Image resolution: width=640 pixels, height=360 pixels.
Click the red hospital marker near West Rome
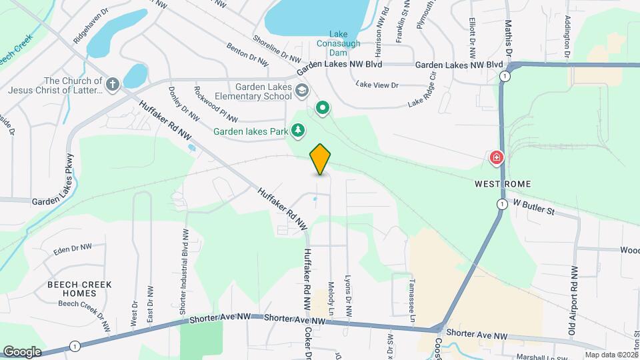click(x=496, y=158)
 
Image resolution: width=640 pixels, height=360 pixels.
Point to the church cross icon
click(x=113, y=85)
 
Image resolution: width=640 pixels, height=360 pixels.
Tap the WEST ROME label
click(x=502, y=184)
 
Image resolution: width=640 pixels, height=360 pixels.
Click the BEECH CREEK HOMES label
click(x=89, y=289)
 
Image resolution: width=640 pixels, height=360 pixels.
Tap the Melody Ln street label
click(x=331, y=296)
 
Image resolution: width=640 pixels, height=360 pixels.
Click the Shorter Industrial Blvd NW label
click(x=183, y=272)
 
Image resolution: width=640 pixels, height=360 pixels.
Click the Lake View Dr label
click(x=377, y=85)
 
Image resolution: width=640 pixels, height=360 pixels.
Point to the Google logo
click(x=22, y=351)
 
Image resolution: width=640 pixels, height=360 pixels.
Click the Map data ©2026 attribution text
click(x=611, y=355)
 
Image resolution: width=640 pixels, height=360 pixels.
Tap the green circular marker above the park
click(x=323, y=107)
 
